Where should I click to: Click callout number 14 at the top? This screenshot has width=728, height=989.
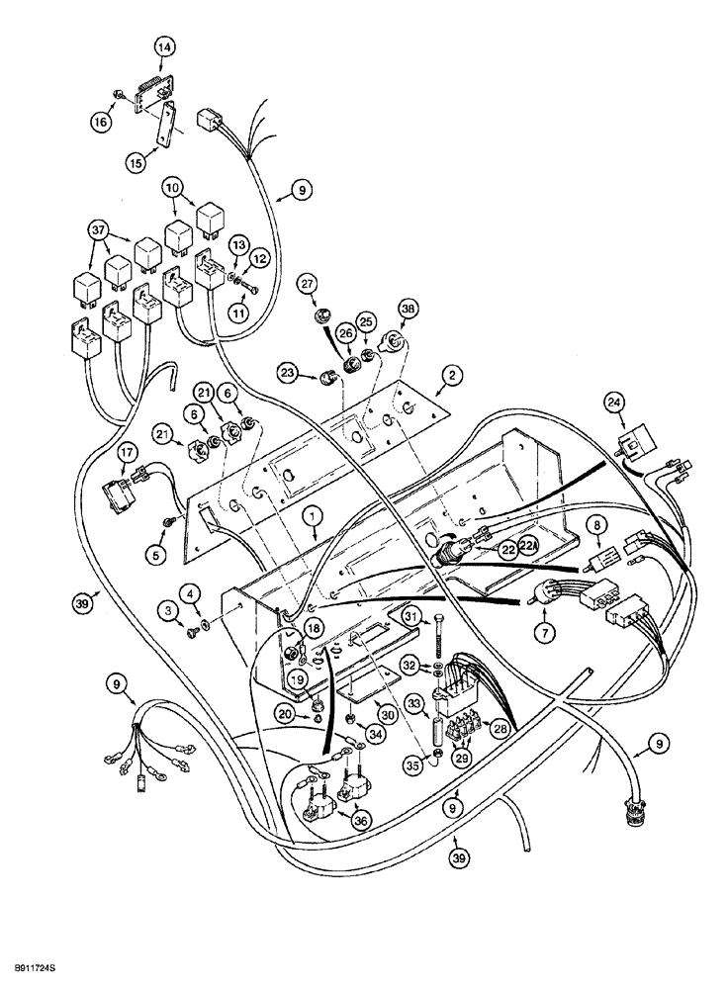pos(164,46)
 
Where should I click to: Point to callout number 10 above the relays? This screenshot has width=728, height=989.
pos(173,188)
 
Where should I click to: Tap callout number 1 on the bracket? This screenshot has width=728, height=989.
pos(313,515)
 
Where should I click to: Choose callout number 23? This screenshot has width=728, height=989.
pos(288,375)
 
